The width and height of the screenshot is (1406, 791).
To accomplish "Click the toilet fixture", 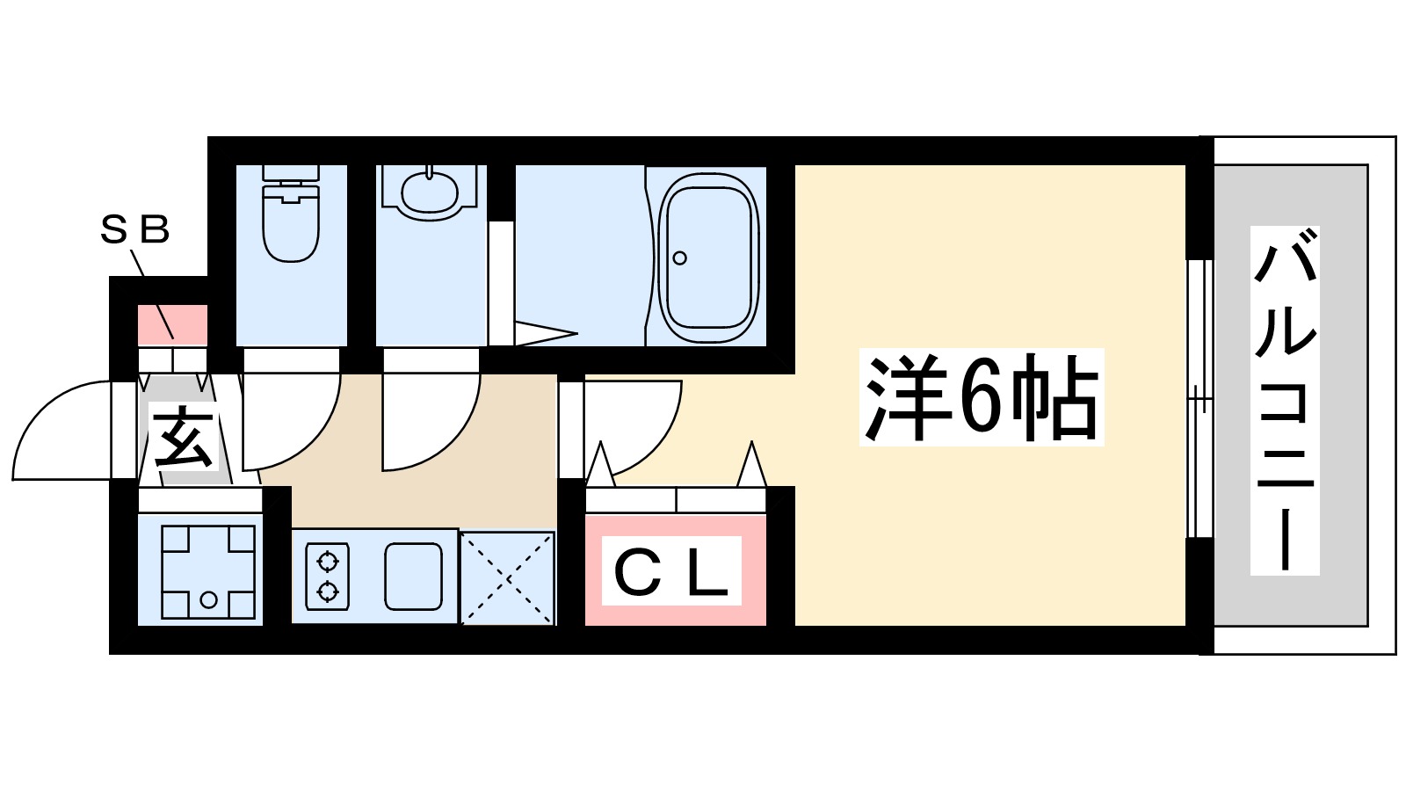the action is (290, 215).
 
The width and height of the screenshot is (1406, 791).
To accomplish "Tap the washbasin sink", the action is (430, 189).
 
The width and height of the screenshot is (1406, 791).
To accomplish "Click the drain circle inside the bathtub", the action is (679, 258).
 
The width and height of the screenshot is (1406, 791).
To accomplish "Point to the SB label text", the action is (134, 230).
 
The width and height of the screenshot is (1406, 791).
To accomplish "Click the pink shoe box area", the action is (172, 324).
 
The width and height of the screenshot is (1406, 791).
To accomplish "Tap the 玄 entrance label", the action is (183, 438).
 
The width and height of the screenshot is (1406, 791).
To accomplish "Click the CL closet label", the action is (671, 572).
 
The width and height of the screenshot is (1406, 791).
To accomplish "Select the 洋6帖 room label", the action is (981, 398).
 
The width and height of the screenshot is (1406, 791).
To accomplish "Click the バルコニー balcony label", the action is (1285, 400).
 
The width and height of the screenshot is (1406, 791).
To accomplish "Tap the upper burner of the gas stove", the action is (327, 560).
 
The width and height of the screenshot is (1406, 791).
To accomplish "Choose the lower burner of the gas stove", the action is (327, 591).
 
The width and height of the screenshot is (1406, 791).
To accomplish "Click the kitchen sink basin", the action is (413, 576).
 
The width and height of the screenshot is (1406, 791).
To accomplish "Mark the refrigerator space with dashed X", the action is (508, 577).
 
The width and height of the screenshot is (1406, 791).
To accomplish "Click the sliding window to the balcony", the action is (1199, 400).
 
